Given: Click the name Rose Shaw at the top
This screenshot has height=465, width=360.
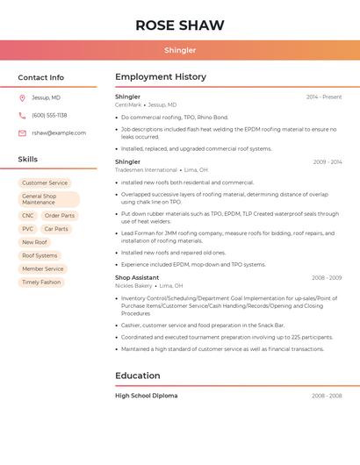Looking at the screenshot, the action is pyautogui.click(x=180, y=25).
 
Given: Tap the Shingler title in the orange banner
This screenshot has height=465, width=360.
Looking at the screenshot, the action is pyautogui.click(x=180, y=50).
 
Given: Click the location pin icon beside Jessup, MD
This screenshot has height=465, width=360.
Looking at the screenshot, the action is pyautogui.click(x=22, y=97).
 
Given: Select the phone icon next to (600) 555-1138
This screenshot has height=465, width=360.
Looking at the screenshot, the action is pyautogui.click(x=22, y=115).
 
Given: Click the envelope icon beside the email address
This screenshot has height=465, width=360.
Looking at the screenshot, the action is pyautogui.click(x=22, y=133).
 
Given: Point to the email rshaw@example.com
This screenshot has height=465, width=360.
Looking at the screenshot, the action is pyautogui.click(x=59, y=133).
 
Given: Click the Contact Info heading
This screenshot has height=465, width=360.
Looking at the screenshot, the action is pyautogui.click(x=41, y=77).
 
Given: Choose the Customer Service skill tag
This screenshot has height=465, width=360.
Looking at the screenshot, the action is pyautogui.click(x=45, y=183).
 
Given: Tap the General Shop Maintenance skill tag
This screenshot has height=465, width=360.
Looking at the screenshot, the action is pyautogui.click(x=48, y=199).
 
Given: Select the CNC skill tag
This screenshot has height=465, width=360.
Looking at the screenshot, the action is pyautogui.click(x=28, y=216).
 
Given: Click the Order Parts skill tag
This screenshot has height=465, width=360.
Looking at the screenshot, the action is pyautogui.click(x=60, y=216).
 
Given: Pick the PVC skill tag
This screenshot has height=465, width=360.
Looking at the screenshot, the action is pyautogui.click(x=28, y=229).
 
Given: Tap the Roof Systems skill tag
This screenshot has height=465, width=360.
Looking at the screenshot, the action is pyautogui.click(x=40, y=255).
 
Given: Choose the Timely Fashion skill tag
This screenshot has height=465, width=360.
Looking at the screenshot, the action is pyautogui.click(x=41, y=283).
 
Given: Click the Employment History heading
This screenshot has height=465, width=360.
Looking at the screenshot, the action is pyautogui.click(x=161, y=77).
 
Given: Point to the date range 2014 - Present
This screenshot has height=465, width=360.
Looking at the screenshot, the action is pyautogui.click(x=324, y=97).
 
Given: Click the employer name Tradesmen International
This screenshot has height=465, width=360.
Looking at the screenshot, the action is pyautogui.click(x=146, y=170).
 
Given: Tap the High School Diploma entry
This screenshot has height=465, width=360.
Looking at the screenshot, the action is pyautogui.click(x=147, y=396).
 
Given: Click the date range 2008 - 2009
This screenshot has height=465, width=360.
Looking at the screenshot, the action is pyautogui.click(x=327, y=277).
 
